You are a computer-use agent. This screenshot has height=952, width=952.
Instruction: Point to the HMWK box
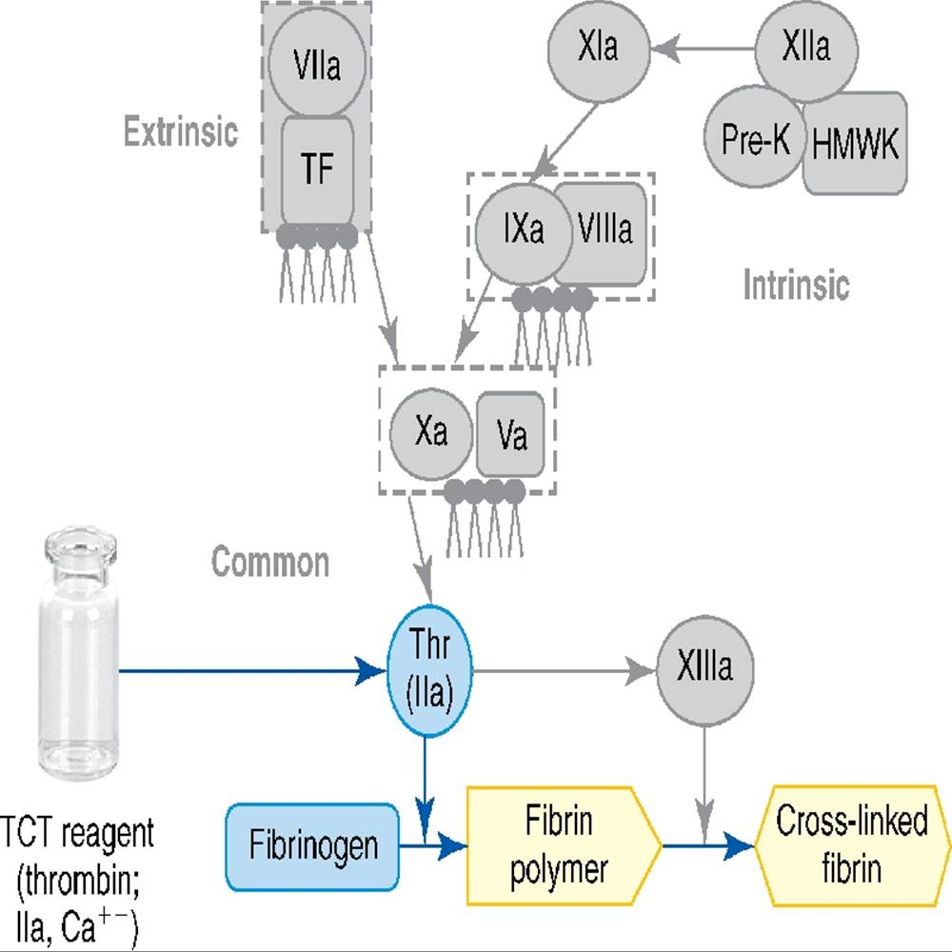tap(855, 143)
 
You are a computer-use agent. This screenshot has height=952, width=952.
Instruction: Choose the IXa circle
tap(523, 229)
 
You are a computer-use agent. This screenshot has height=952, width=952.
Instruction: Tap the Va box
tap(512, 435)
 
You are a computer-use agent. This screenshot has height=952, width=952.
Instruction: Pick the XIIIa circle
tap(704, 667)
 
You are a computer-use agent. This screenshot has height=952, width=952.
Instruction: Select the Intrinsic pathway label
tap(796, 283)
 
